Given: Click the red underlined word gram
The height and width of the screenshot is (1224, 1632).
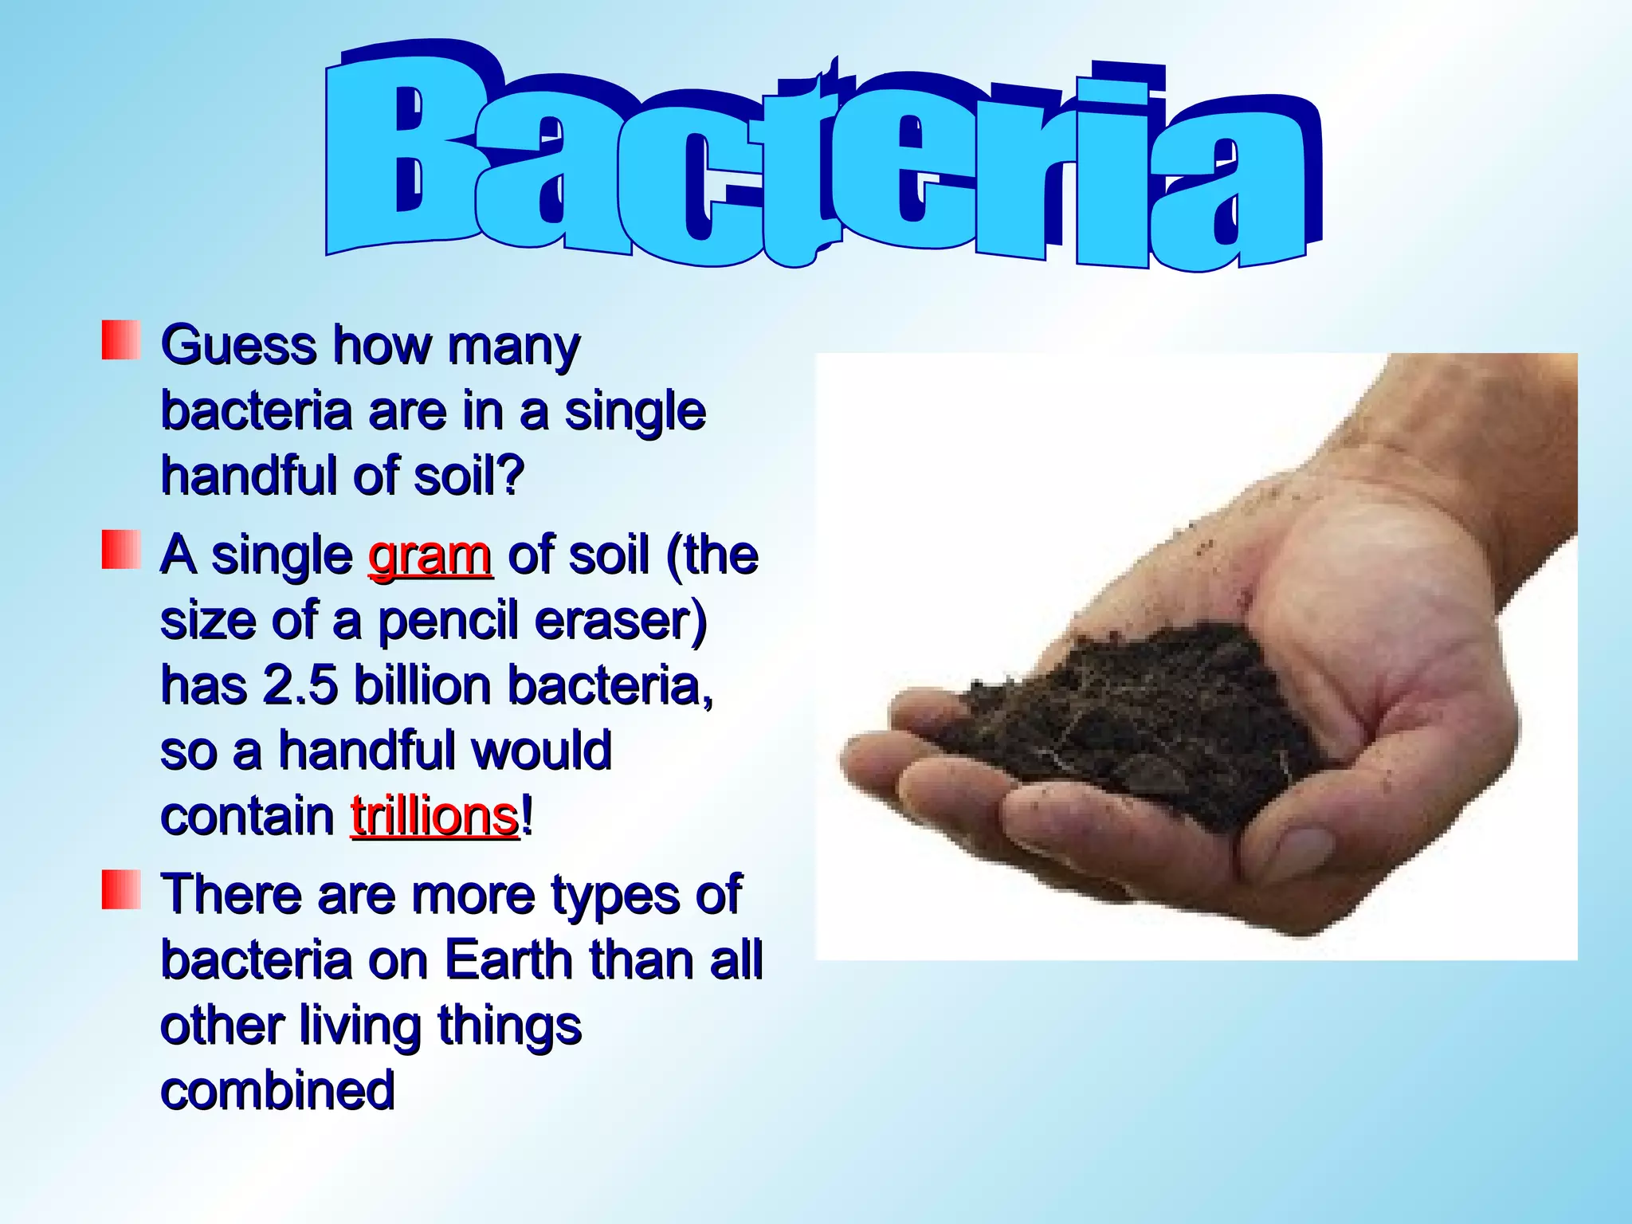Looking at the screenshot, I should (x=430, y=555).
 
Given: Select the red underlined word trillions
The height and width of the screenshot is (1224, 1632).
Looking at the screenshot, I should (x=435, y=817).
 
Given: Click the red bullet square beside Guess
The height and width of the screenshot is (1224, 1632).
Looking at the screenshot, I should (x=121, y=340).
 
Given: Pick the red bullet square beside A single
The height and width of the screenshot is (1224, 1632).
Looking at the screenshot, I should (x=121, y=550).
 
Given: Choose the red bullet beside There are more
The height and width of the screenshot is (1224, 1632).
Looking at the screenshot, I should (x=121, y=889).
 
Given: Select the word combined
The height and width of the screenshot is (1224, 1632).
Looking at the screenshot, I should (x=277, y=1090).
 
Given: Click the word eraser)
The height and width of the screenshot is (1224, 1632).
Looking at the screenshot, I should (x=621, y=621).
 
